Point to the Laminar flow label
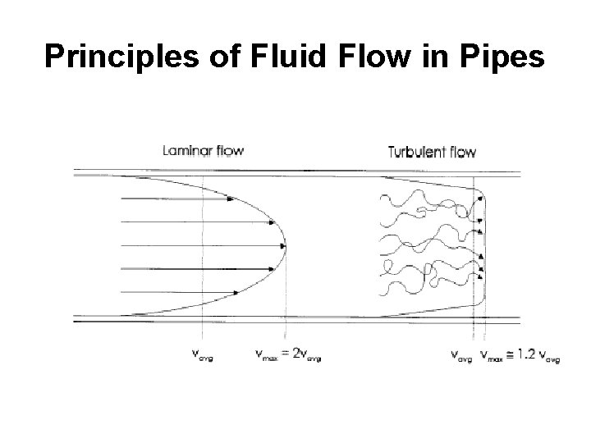click(x=204, y=150)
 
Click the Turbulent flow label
click(x=432, y=151)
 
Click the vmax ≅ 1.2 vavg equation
click(x=522, y=356)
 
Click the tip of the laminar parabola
click(x=285, y=245)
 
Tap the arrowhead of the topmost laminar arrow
click(x=229, y=199)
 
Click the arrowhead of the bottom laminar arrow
click(x=237, y=291)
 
